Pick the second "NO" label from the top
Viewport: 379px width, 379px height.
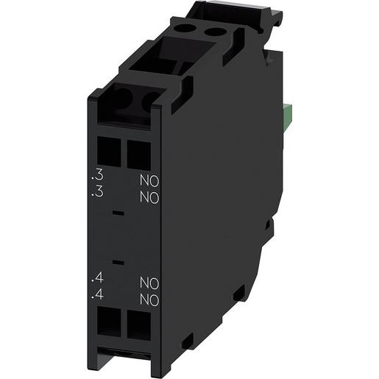(150, 196)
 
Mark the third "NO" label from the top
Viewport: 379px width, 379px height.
(150, 283)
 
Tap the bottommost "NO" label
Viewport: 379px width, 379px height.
(150, 300)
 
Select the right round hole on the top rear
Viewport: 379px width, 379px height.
(215, 32)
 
